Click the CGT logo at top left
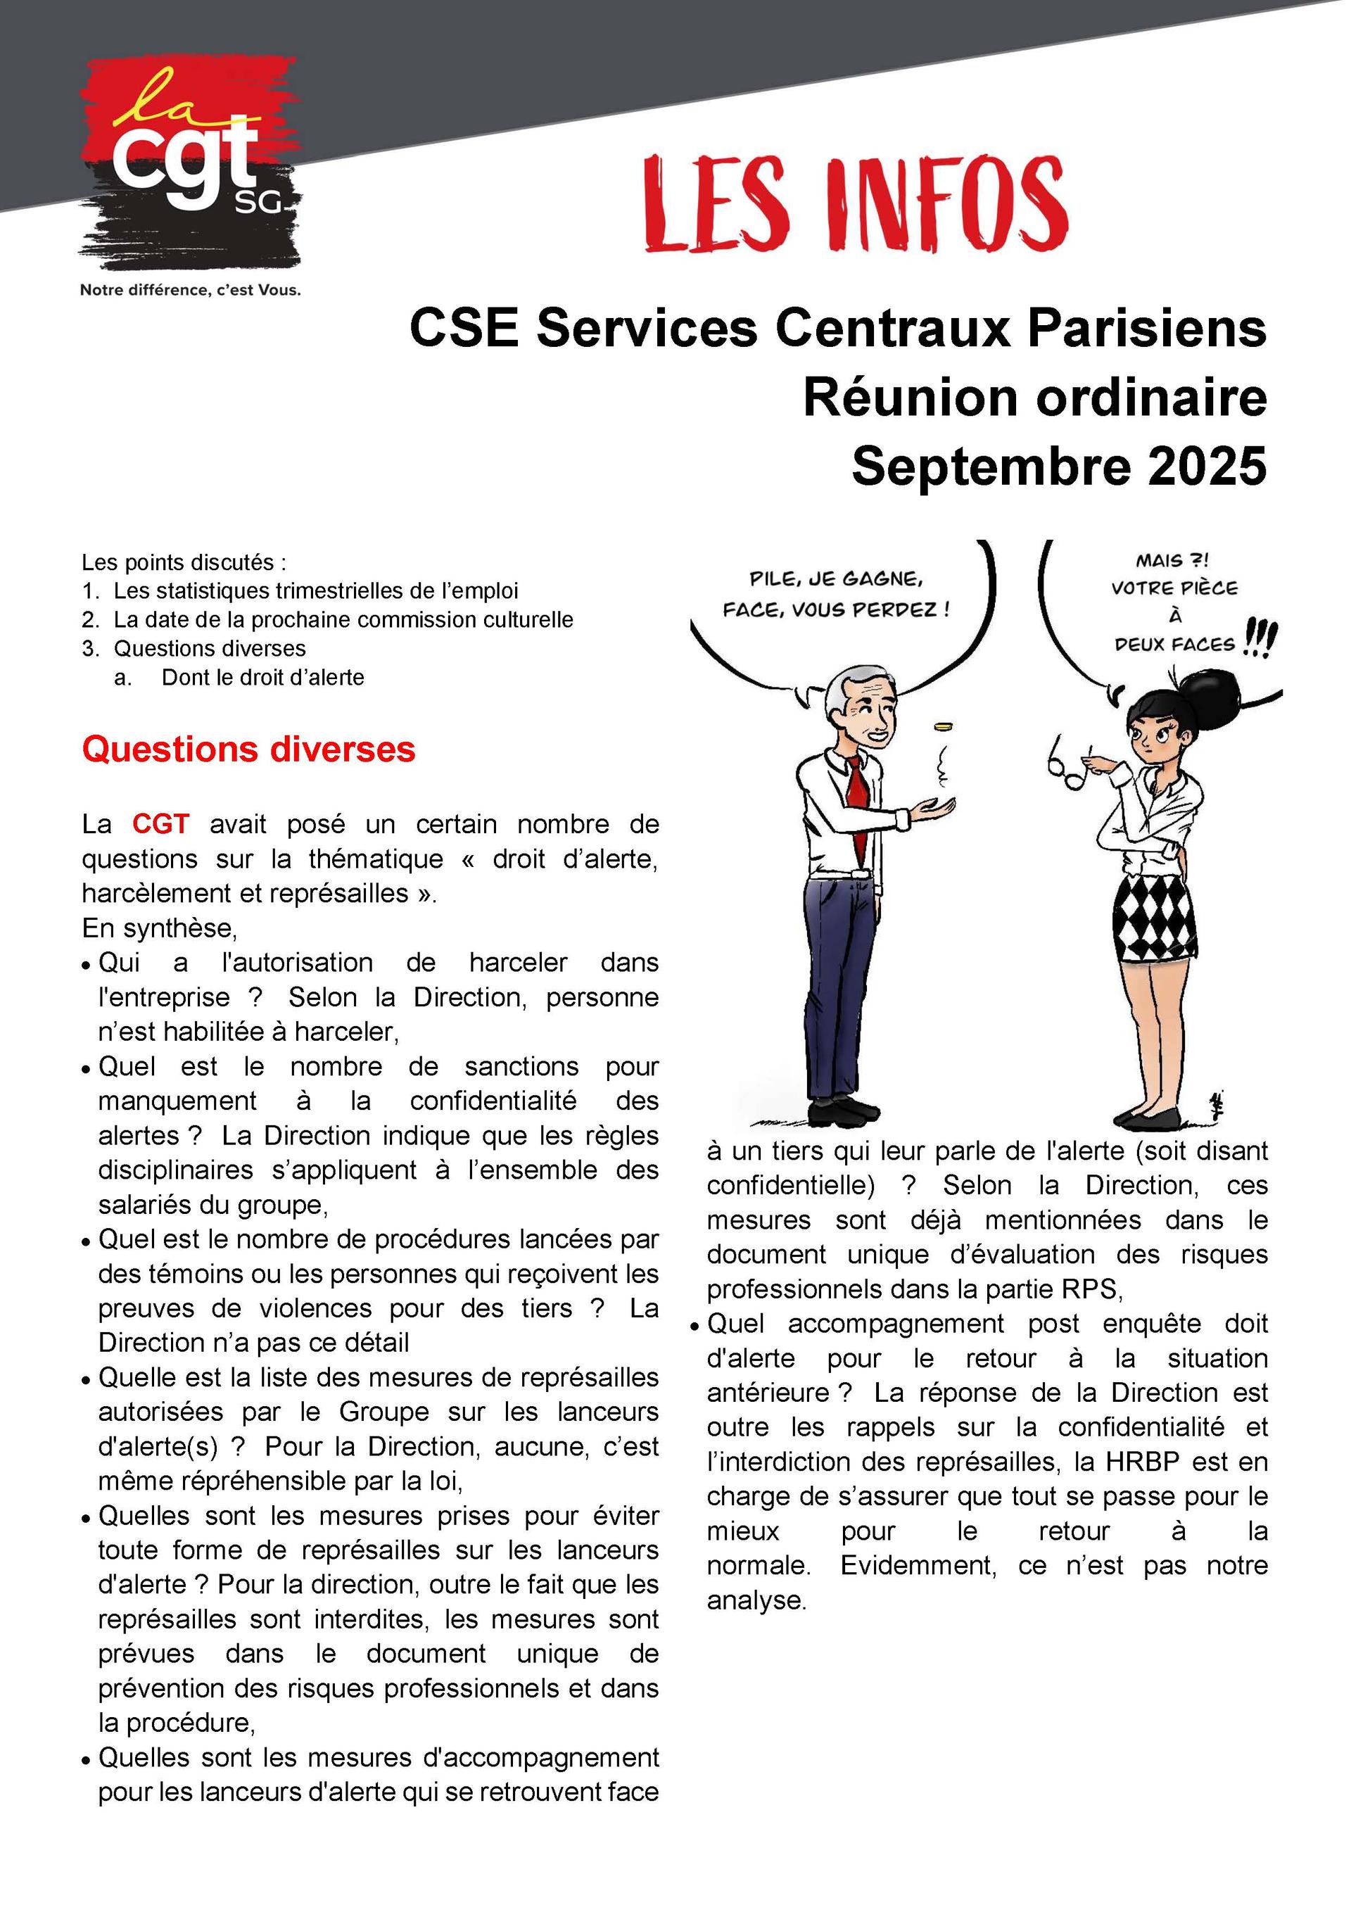coord(191,163)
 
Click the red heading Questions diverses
coord(248,749)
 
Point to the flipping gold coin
coord(944,726)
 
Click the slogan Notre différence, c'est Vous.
coord(191,291)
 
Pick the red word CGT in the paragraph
coord(160,824)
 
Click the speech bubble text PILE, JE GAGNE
coord(836,578)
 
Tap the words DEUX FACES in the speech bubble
coord(1174,645)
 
